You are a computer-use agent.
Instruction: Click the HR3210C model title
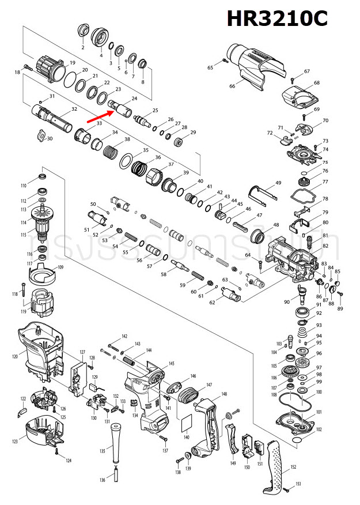pyautogui.click(x=276, y=19)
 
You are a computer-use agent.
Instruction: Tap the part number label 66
pyautogui.click(x=233, y=86)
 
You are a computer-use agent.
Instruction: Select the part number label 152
pyautogui.click(x=293, y=466)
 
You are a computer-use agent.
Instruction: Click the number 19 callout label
pyautogui.click(x=73, y=63)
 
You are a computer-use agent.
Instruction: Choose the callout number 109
pyautogui.click(x=60, y=267)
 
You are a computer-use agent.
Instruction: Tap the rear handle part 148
pyautogui.click(x=204, y=427)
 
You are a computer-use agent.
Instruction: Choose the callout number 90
pyautogui.click(x=286, y=302)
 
